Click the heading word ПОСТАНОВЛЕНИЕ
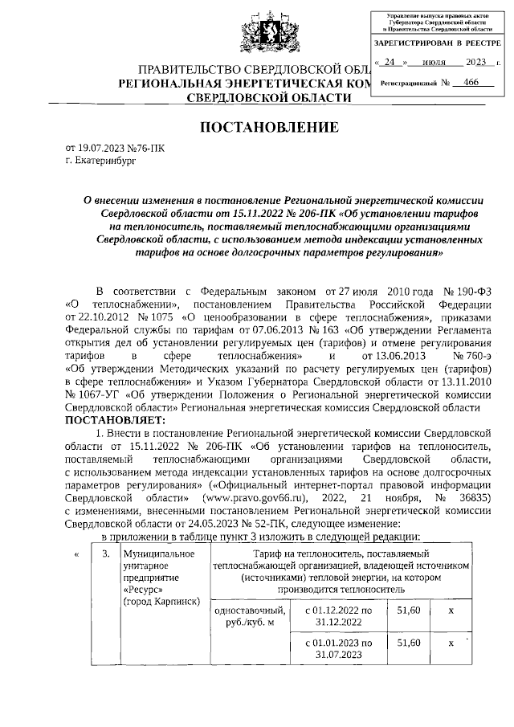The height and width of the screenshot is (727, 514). (257, 127)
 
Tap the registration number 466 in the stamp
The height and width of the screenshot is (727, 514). (461, 82)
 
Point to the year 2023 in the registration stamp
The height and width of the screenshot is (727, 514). (476, 61)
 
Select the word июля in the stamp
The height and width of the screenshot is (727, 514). (433, 61)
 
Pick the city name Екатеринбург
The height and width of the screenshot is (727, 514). (108, 161)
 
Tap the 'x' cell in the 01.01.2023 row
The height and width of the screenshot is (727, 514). (451, 643)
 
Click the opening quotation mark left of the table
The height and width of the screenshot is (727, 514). (76, 554)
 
